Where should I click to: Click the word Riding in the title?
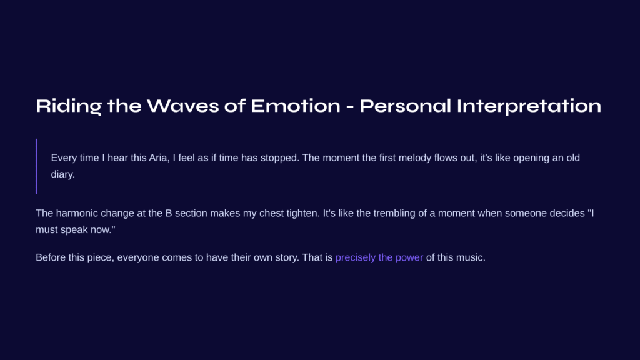pyautogui.click(x=69, y=106)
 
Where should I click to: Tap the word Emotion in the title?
pyautogui.click(x=296, y=106)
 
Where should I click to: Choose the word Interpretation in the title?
pyautogui.click(x=529, y=106)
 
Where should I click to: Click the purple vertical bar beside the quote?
pyautogui.click(x=36, y=166)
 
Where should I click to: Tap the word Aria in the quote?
pyautogui.click(x=159, y=158)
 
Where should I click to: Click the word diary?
pyautogui.click(x=63, y=175)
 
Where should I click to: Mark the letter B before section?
pyautogui.click(x=169, y=214)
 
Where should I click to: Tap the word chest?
pyautogui.click(x=271, y=214)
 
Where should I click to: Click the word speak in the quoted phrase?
pyautogui.click(x=74, y=230)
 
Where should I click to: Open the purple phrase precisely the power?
pyautogui.click(x=379, y=258)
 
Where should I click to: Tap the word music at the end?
pyautogui.click(x=471, y=258)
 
